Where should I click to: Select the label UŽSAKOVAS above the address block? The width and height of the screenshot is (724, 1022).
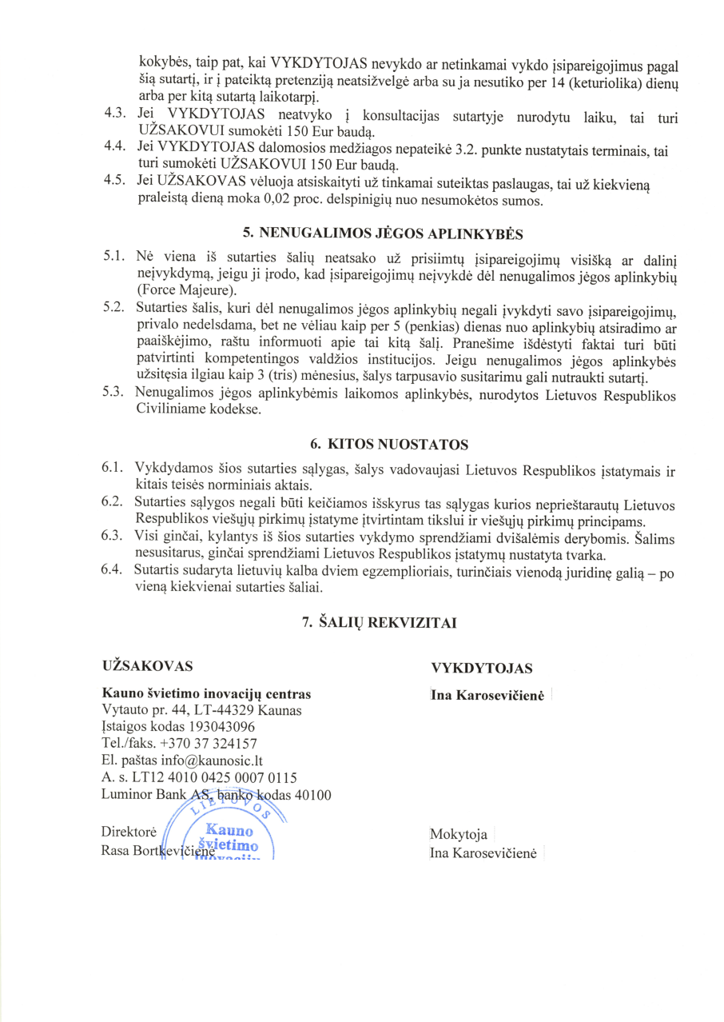click(147, 665)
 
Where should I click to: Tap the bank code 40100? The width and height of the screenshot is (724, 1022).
click(312, 794)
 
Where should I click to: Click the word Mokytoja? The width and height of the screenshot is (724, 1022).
click(459, 835)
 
